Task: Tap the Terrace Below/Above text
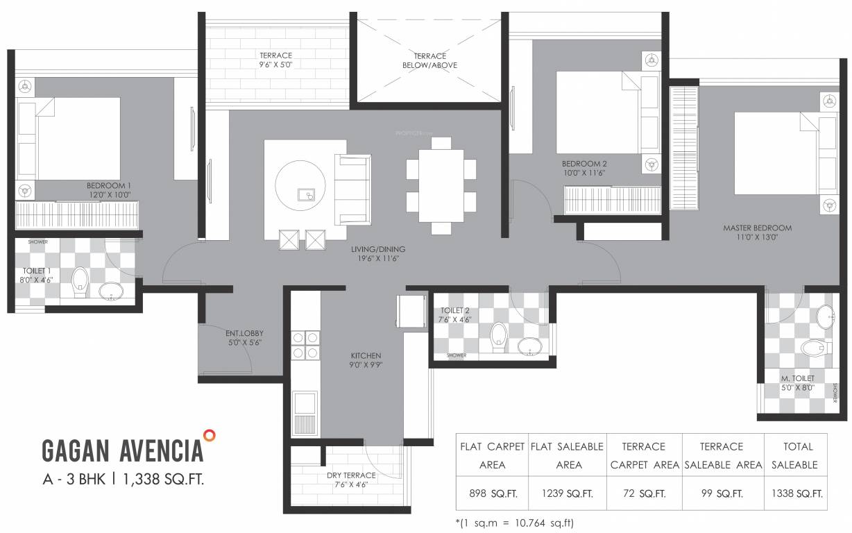point(429,60)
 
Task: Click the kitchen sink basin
point(305,403)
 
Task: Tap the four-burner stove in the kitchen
point(305,345)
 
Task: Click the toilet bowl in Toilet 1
point(80,280)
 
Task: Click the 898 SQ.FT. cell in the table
point(492,494)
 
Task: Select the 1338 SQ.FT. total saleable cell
point(796,494)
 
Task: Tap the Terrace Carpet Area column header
point(644,455)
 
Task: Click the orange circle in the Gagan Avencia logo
point(210,435)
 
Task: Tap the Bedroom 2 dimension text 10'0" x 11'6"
point(584,173)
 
